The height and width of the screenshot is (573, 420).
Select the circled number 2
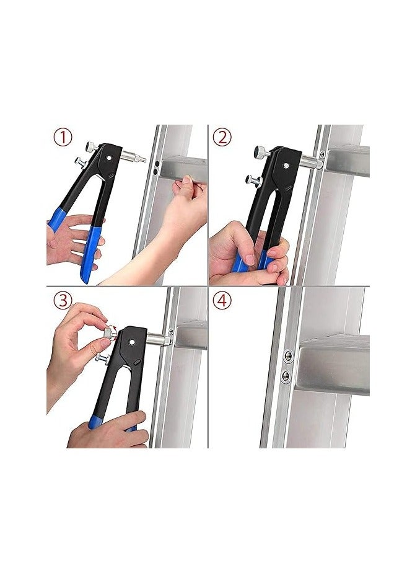point(223,136)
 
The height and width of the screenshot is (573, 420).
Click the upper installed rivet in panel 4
point(287,356)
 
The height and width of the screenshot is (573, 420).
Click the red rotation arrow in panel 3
point(113,329)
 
